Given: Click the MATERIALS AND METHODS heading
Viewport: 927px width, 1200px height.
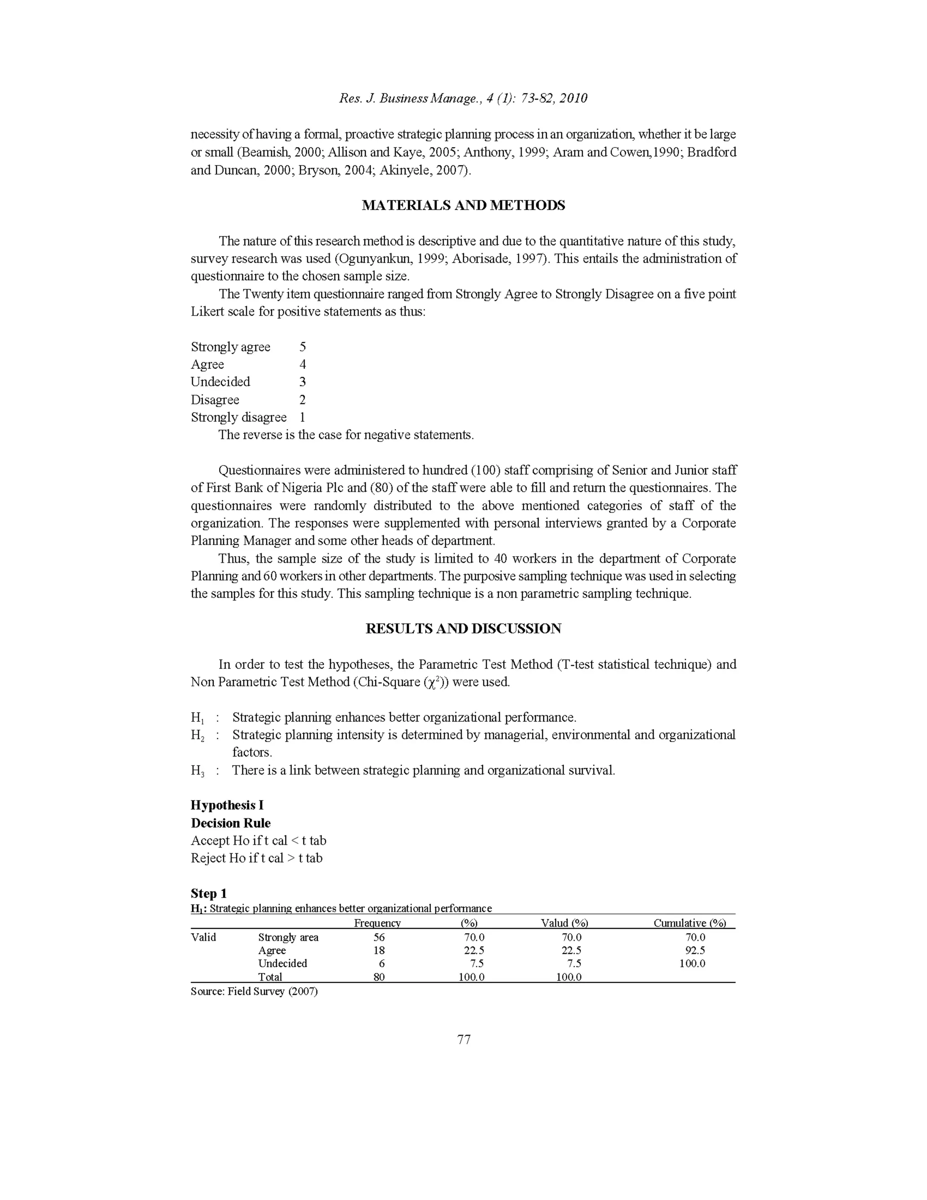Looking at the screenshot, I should [463, 206].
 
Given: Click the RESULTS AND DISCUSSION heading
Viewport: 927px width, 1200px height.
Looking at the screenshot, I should [463, 629].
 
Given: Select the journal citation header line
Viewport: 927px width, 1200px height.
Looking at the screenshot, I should [463, 98].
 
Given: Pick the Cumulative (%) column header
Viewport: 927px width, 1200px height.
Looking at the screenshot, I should [689, 923].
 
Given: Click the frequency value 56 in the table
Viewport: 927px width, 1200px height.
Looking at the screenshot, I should [379, 937].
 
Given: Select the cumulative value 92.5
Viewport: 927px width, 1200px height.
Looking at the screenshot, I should [695, 950].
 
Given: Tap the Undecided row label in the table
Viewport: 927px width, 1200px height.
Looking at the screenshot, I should [282, 963].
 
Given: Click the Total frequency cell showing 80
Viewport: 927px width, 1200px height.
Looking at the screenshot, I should [379, 977].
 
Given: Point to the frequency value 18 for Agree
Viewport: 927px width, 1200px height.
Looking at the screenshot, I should [379, 950].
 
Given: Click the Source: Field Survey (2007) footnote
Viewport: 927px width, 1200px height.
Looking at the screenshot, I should [254, 991].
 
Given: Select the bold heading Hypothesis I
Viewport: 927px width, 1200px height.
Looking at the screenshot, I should [227, 806].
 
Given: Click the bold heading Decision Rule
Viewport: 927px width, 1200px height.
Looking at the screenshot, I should [231, 823].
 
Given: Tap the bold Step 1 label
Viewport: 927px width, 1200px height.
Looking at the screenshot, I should [209, 893].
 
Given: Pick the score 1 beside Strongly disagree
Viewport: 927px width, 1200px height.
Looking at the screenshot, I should [302, 417].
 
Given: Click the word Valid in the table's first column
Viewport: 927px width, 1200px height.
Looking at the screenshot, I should [203, 937].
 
